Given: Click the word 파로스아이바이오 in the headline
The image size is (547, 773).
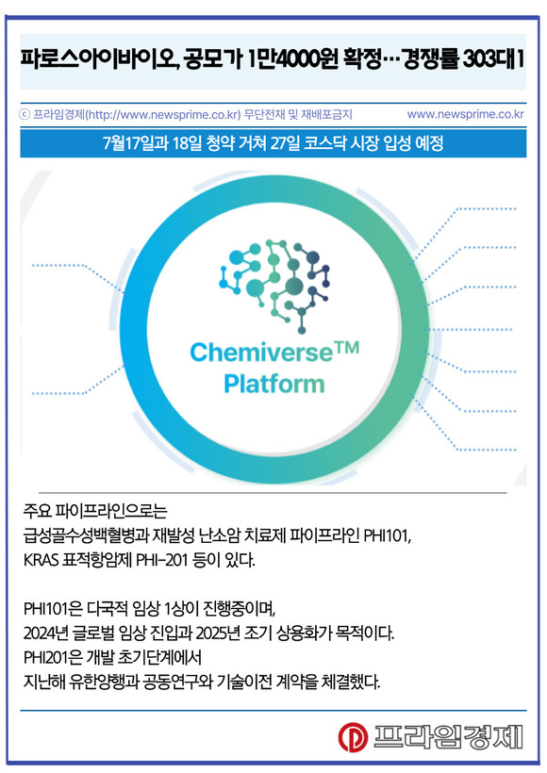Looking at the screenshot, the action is pyautogui.click(x=99, y=60).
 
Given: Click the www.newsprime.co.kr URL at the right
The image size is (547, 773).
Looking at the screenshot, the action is pyautogui.click(x=465, y=114).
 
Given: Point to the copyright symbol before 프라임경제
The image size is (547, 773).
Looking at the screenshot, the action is pyautogui.click(x=25, y=115).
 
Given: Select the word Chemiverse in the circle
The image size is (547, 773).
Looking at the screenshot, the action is pyautogui.click(x=261, y=353).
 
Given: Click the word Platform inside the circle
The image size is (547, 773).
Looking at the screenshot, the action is pyautogui.click(x=274, y=384).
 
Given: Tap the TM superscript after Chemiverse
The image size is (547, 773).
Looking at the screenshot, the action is pyautogui.click(x=347, y=348).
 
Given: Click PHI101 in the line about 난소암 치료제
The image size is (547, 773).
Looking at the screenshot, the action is pyautogui.click(x=387, y=535).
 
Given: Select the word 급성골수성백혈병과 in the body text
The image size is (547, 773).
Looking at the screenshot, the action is pyautogui.click(x=86, y=535).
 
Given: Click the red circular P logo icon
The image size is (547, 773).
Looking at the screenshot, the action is pyautogui.click(x=353, y=737).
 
